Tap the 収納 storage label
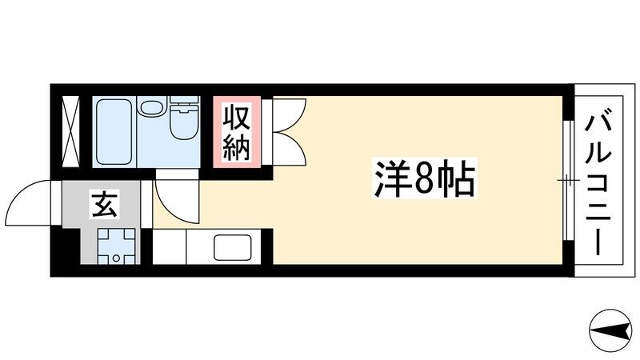coord(235,132)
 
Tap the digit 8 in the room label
coord(424,182)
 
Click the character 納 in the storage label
coord(235,148)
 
